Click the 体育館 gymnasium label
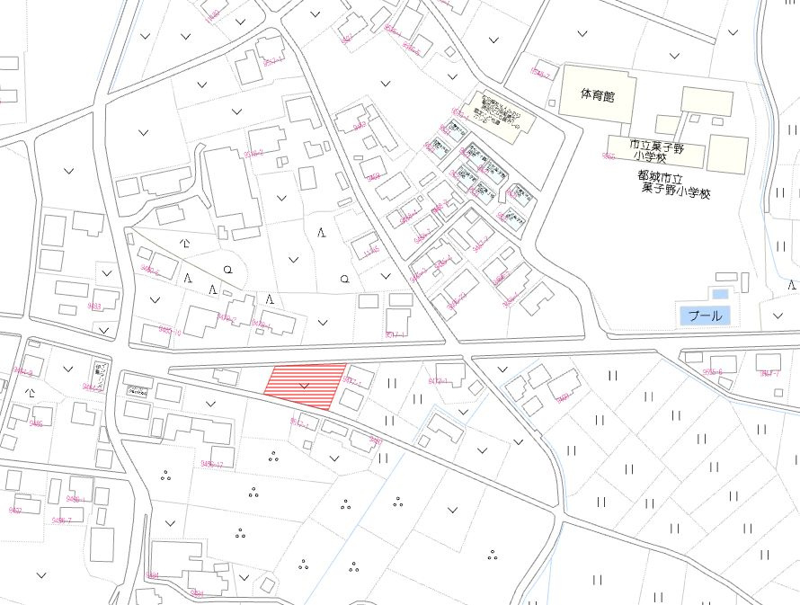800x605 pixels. pyautogui.click(x=597, y=94)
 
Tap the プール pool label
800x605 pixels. pyautogui.click(x=704, y=316)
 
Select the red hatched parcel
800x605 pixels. pyautogui.click(x=306, y=385)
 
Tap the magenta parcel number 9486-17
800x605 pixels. pyautogui.click(x=212, y=464)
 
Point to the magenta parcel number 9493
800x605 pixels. pyautogui.click(x=93, y=307)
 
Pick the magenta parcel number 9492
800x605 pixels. pyautogui.click(x=15, y=510)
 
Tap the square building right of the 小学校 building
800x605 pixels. pyautogui.click(x=728, y=154)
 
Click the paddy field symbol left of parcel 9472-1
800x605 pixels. pyautogui.click(x=392, y=383)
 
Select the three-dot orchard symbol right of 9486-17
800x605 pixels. pyautogui.click(x=272, y=457)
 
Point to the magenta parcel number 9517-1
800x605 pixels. pyautogui.click(x=396, y=334)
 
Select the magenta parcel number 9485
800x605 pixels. pyautogui.click(x=36, y=423)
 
